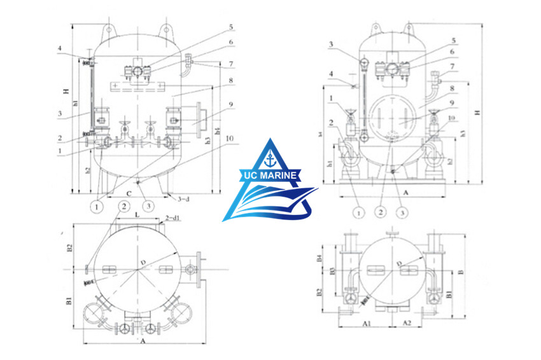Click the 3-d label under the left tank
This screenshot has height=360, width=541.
click(x=183, y=199)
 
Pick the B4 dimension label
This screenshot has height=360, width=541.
click(x=321, y=258)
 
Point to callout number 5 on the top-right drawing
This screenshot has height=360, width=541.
click(x=453, y=40)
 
